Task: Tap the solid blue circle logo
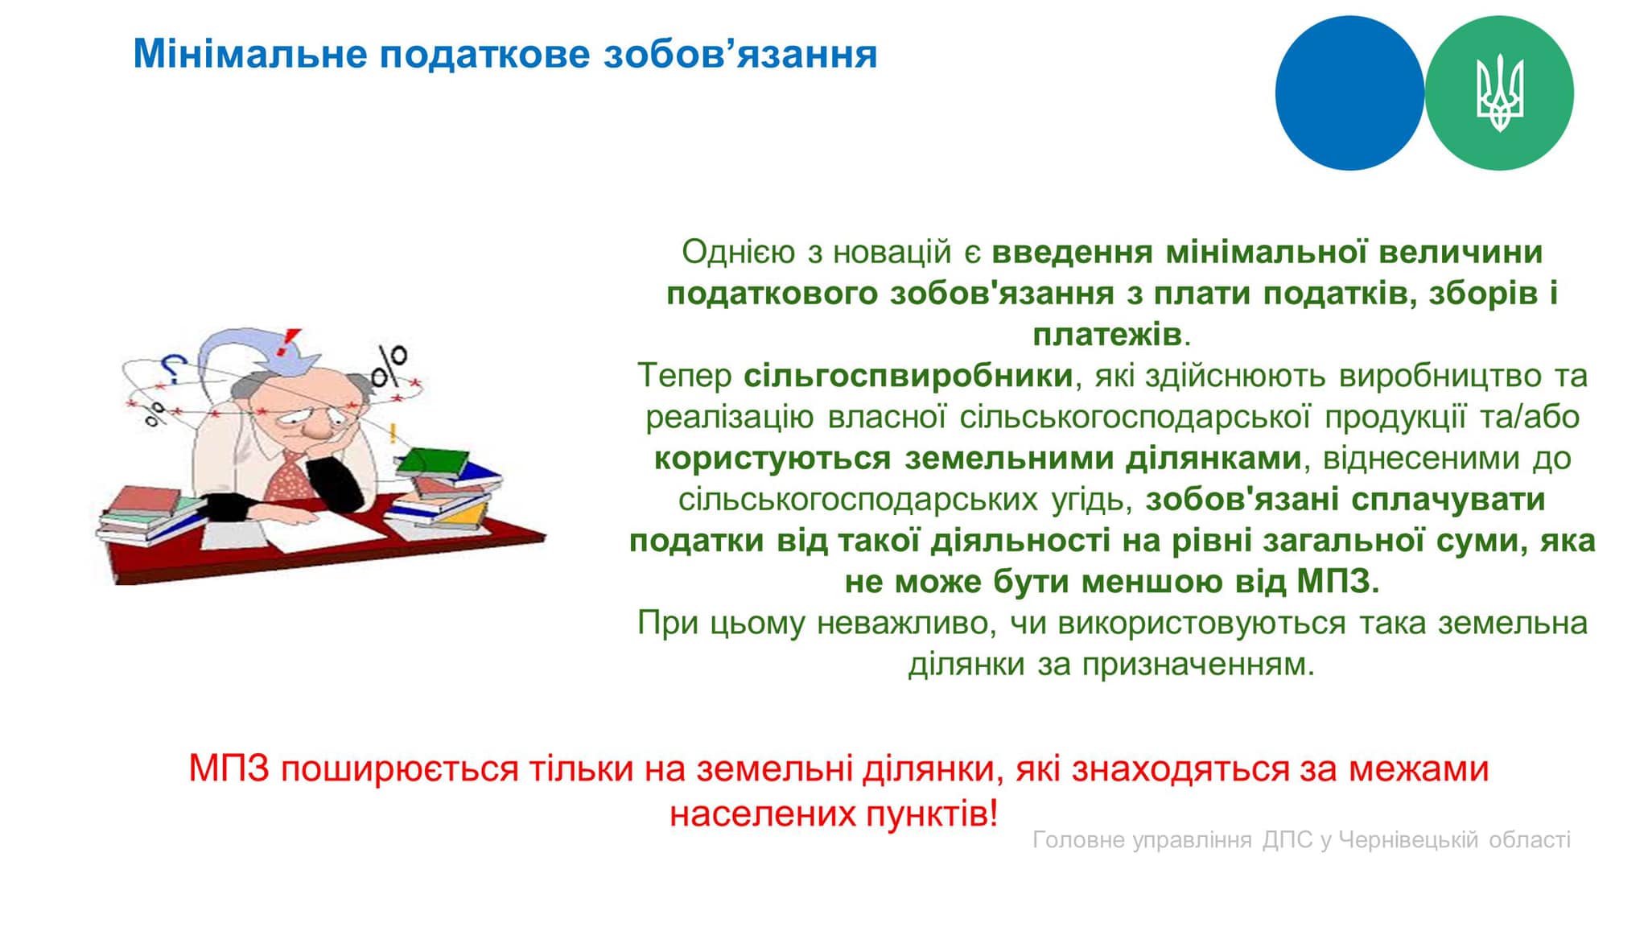point(1349,93)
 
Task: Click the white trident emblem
point(1499,93)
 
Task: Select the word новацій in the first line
point(892,253)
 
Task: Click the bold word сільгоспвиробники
point(908,376)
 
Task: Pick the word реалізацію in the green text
point(730,418)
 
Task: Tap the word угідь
point(1091,500)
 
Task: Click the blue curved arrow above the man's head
point(249,350)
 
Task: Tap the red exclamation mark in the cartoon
point(285,342)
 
